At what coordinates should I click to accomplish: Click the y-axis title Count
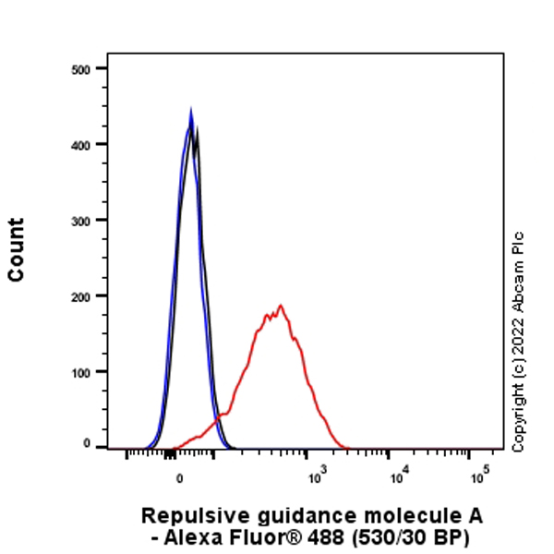(x=16, y=249)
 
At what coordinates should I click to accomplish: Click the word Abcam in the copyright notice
(x=518, y=293)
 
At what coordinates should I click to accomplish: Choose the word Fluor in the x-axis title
(x=260, y=536)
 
